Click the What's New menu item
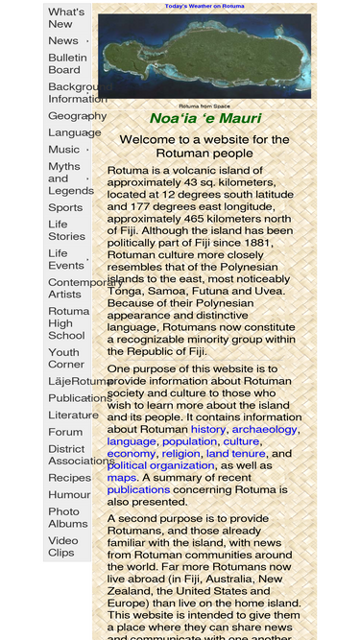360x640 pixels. coord(66,17)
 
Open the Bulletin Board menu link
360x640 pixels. coord(66,63)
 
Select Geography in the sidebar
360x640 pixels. coord(77,115)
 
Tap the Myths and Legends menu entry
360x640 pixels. coord(70,178)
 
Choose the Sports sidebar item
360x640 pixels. coord(65,207)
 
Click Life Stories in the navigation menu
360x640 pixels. coord(66,230)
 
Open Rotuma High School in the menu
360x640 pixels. coord(68,323)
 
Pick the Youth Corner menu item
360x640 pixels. coord(65,358)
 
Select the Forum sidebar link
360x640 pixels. coord(65,432)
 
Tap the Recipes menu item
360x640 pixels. coord(69,477)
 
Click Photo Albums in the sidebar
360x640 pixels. coord(67,517)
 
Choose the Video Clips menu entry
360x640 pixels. coord(62,546)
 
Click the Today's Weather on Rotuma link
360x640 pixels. coord(204,7)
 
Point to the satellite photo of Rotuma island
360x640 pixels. coord(204,57)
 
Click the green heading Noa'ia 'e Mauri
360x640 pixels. coord(204,119)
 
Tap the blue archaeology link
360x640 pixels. coord(265,429)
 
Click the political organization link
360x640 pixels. coord(160,465)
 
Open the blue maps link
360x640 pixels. coord(122,477)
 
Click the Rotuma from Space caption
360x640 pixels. coord(204,106)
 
